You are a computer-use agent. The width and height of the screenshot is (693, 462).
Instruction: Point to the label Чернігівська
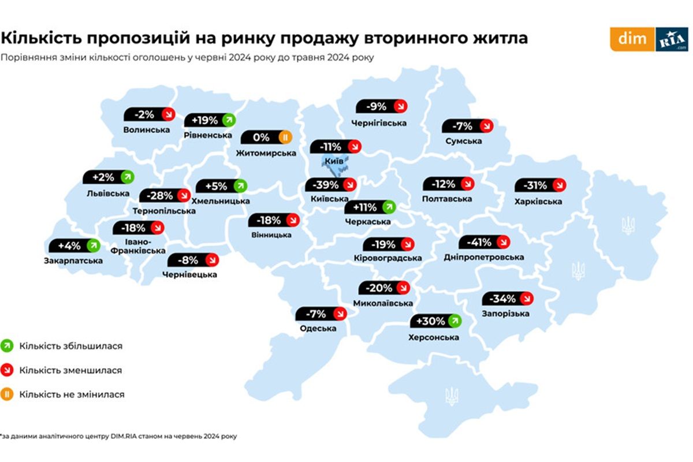pos(379,123)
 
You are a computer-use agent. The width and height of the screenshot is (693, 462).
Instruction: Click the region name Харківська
pos(538,202)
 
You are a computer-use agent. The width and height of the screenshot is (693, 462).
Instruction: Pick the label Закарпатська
pos(73,261)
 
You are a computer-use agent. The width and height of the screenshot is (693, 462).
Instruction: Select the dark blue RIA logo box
pos(672,39)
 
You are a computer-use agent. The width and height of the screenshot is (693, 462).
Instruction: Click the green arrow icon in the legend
pos(8,346)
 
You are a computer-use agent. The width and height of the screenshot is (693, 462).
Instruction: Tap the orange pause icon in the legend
pos(8,395)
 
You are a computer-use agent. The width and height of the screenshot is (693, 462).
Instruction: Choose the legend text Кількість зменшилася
pos(70,370)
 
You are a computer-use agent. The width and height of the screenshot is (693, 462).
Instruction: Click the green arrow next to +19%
pos(229,120)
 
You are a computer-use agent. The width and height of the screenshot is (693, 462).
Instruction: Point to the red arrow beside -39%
pos(349,185)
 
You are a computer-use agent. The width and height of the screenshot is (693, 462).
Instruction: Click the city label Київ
pos(331,161)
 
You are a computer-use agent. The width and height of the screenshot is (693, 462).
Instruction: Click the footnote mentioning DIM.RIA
pos(118,437)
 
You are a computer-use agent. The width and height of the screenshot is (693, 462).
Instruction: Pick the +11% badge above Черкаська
pos(370,207)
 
